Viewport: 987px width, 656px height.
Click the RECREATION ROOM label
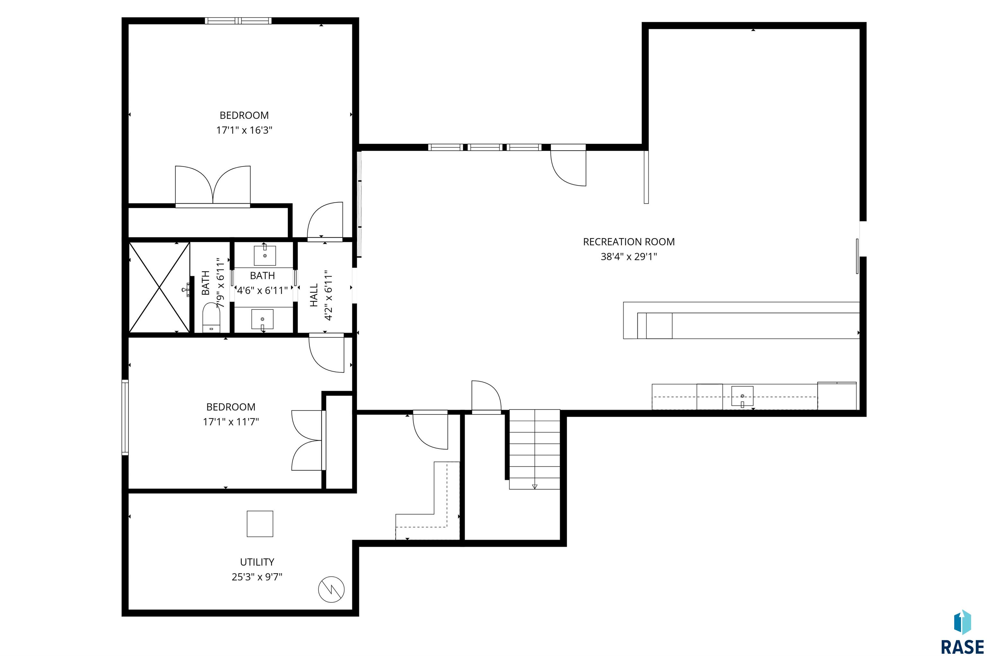click(628, 242)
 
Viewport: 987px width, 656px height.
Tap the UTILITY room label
click(257, 562)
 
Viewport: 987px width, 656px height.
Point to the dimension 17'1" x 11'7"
click(231, 422)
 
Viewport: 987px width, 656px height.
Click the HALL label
click(314, 295)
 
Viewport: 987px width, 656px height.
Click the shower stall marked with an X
click(159, 288)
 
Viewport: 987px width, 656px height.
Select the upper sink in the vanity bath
click(265, 255)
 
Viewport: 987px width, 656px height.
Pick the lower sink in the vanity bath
click(262, 320)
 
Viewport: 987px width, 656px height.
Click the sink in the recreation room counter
click(742, 396)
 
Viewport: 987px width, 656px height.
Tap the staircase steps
click(534, 449)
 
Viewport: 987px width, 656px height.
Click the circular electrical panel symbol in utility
click(331, 590)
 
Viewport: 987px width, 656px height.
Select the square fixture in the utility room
click(260, 524)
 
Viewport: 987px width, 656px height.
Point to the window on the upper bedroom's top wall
click(238, 21)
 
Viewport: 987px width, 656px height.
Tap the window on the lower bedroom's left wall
click(125, 417)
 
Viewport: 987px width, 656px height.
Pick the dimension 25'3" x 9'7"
click(257, 577)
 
